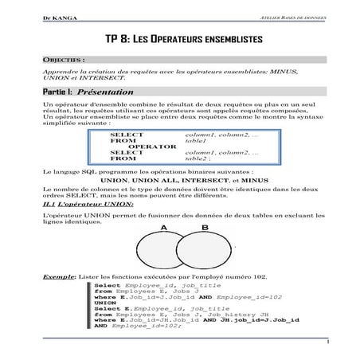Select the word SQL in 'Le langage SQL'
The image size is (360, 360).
[x=85, y=171]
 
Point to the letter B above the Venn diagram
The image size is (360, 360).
[x=204, y=227]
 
